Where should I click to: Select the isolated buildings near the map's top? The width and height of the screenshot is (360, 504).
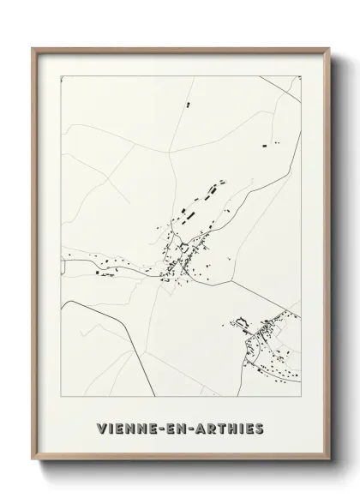(184, 105)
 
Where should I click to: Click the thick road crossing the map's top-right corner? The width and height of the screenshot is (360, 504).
(285, 84)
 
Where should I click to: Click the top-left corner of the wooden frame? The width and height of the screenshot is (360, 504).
(33, 49)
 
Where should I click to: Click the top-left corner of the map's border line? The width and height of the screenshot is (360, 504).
(59, 75)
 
